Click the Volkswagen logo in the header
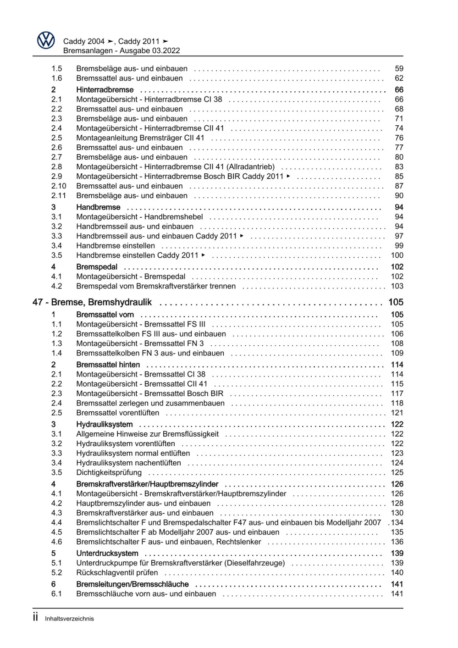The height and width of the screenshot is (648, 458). pyautogui.click(x=46, y=40)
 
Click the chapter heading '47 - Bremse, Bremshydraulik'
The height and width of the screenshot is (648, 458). pyautogui.click(x=92, y=302)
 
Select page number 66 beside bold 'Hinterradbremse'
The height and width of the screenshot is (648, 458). pyautogui.click(x=399, y=90)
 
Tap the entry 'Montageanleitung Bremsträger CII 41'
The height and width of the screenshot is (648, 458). pyautogui.click(x=140, y=138)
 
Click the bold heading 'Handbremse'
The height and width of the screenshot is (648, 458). pyautogui.click(x=98, y=207)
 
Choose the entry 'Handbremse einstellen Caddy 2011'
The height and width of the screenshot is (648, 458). pyautogui.click(x=137, y=255)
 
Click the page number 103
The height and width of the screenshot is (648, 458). pyautogui.click(x=397, y=286)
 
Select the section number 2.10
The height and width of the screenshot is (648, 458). pyautogui.click(x=59, y=186)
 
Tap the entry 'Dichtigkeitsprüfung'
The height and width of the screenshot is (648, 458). pyautogui.click(x=109, y=473)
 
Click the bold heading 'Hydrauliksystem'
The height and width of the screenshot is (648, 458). pyautogui.click(x=104, y=425)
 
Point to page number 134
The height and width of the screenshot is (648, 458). pyautogui.click(x=397, y=523)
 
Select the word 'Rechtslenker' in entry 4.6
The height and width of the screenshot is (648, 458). pyautogui.click(x=238, y=542)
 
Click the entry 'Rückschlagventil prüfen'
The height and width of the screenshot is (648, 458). pyautogui.click(x=117, y=573)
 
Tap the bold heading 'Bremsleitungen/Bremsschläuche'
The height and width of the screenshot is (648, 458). pyautogui.click(x=132, y=584)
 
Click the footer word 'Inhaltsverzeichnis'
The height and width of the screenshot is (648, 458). pyautogui.click(x=69, y=619)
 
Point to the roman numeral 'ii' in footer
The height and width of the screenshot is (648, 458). pyautogui.click(x=35, y=617)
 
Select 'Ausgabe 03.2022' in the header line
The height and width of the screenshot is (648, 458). pyautogui.click(x=149, y=51)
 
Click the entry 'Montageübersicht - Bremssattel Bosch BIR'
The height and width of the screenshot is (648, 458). pyautogui.click(x=149, y=393)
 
